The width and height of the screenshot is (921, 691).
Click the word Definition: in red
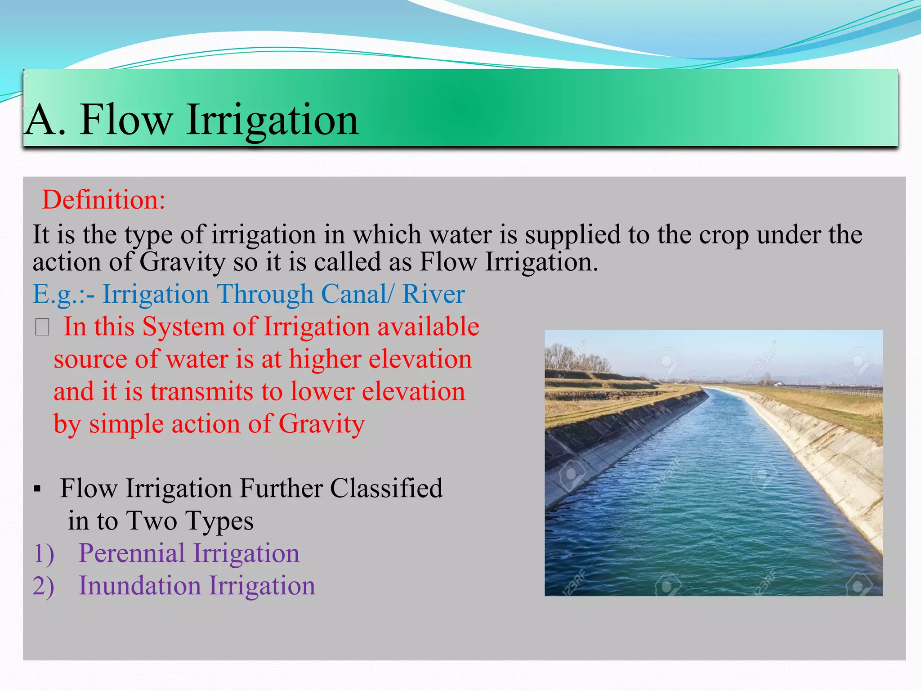pyautogui.click(x=103, y=200)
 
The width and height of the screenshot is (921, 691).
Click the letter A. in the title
pyautogui.click(x=45, y=120)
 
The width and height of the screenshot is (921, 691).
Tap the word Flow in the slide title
pyautogui.click(x=126, y=120)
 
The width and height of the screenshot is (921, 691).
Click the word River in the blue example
pyautogui.click(x=433, y=294)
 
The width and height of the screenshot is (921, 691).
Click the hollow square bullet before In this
pyautogui.click(x=42, y=327)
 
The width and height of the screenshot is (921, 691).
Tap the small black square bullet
pyautogui.click(x=38, y=489)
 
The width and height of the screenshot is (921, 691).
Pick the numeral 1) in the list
pyautogui.click(x=44, y=553)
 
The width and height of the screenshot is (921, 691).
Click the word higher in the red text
pyautogui.click(x=325, y=359)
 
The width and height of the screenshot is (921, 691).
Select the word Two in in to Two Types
pyautogui.click(x=152, y=521)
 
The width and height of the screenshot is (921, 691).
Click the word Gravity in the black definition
pyautogui.click(x=183, y=262)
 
